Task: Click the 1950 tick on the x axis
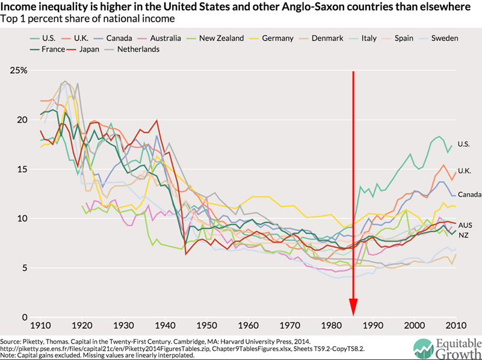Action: pos(207,325)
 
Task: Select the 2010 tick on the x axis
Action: pos(455,325)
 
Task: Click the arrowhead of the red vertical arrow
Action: pos(353,310)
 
